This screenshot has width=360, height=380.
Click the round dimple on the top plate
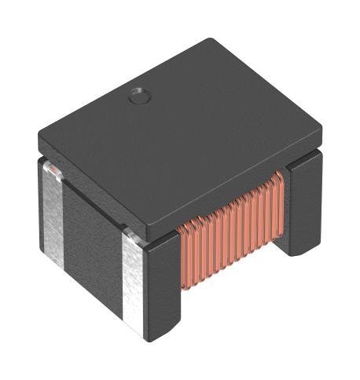[x=138, y=97]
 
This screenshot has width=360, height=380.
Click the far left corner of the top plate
[x=37, y=141]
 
